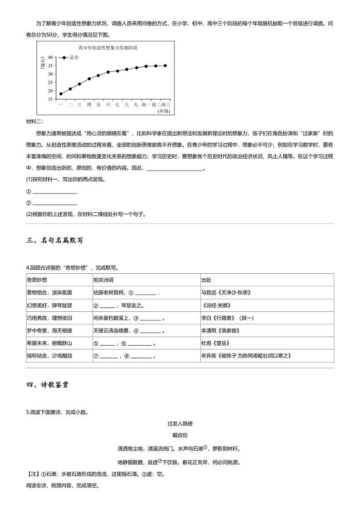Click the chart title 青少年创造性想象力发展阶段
point(107,47)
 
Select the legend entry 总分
point(74,58)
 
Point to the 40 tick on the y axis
point(50,58)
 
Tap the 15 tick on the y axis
point(50,99)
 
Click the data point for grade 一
point(61,94)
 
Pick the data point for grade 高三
point(165,66)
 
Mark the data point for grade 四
point(89,79)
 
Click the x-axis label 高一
point(146,105)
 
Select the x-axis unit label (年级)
point(163,111)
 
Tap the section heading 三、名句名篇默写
point(55,241)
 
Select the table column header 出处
point(206,280)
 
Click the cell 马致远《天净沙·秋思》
point(226,292)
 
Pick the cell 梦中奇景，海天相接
point(49,330)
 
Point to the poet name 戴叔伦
point(180,435)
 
